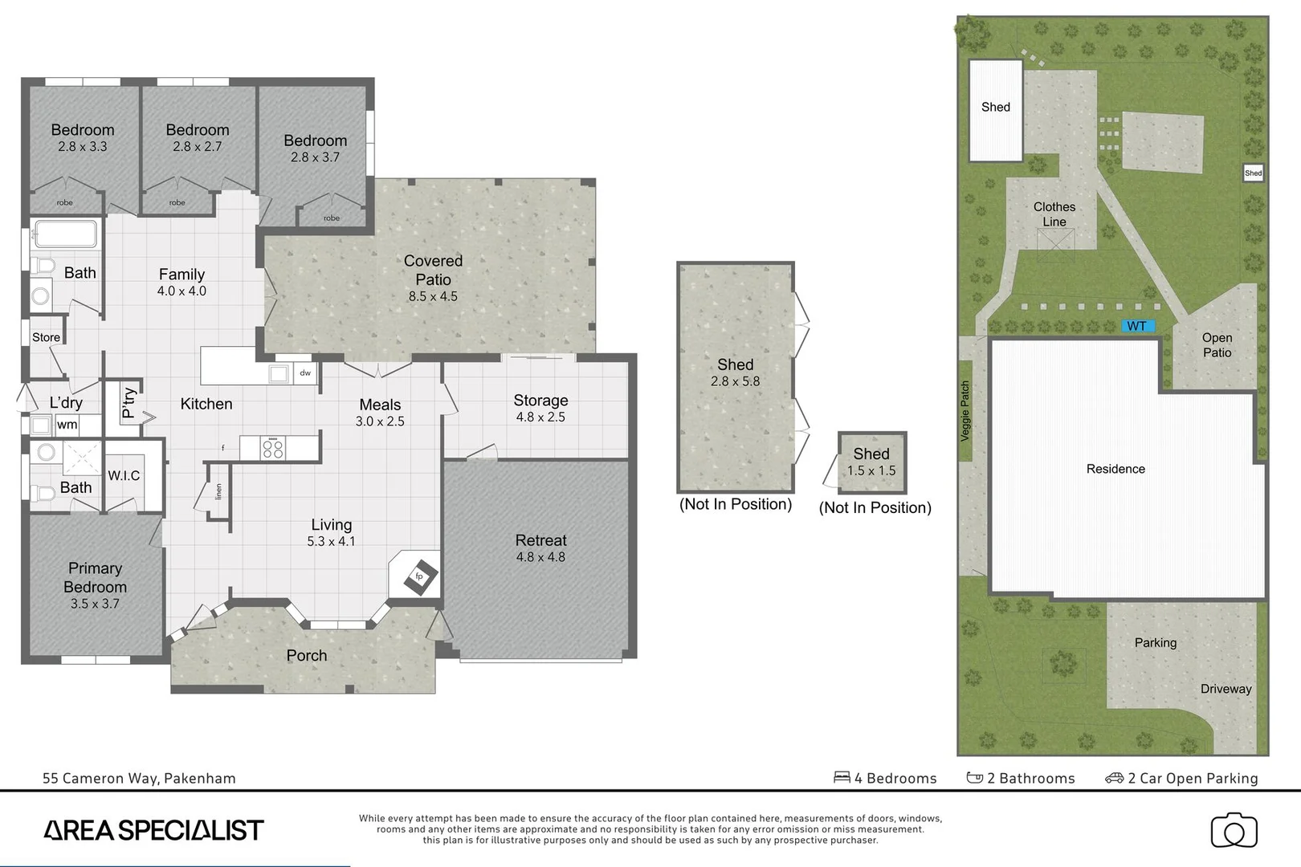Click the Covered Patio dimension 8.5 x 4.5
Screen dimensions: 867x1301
(433, 296)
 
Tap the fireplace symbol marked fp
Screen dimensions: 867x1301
(419, 576)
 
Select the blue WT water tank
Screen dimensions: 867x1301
(1137, 326)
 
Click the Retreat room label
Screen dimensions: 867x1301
(540, 540)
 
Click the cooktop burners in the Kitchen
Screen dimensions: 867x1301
(273, 448)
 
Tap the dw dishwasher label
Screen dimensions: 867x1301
(305, 373)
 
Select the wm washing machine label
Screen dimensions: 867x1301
(67, 425)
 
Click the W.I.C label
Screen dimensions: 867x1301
(124, 475)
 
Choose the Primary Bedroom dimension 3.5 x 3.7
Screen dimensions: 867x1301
(95, 604)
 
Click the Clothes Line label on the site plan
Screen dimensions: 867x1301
(1054, 214)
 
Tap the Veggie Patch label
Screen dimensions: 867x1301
(965, 411)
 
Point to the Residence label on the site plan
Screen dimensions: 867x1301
(1115, 469)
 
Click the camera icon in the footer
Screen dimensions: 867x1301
(1234, 831)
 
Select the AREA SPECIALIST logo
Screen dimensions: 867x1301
(153, 830)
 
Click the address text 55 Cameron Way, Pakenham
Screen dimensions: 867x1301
(139, 778)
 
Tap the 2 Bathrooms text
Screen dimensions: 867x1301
(1030, 778)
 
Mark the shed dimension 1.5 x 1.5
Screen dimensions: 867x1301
(871, 471)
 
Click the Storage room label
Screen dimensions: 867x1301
(540, 400)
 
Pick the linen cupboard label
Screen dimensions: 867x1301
(218, 491)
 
